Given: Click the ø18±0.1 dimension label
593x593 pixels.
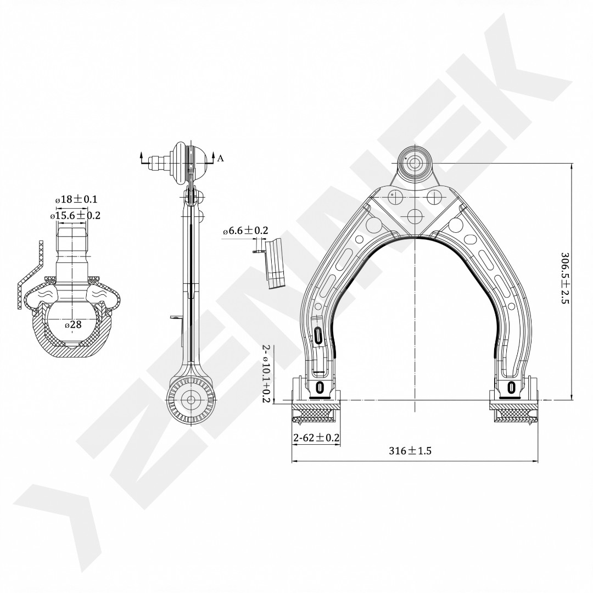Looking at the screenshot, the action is (x=76, y=199).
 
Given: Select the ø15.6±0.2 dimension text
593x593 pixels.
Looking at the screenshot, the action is (x=75, y=216).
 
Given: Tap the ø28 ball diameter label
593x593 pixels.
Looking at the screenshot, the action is (x=73, y=325).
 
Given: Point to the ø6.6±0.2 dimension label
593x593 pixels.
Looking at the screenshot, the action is (x=245, y=230).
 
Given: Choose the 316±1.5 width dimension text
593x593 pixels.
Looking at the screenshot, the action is (x=410, y=451).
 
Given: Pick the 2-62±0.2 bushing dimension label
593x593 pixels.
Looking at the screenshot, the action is (x=317, y=438).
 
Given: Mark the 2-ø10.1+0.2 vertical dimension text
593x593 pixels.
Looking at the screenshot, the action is (x=266, y=374).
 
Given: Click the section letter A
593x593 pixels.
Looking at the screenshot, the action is (x=221, y=158).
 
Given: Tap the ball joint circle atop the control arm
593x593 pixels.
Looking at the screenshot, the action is (x=415, y=164).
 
